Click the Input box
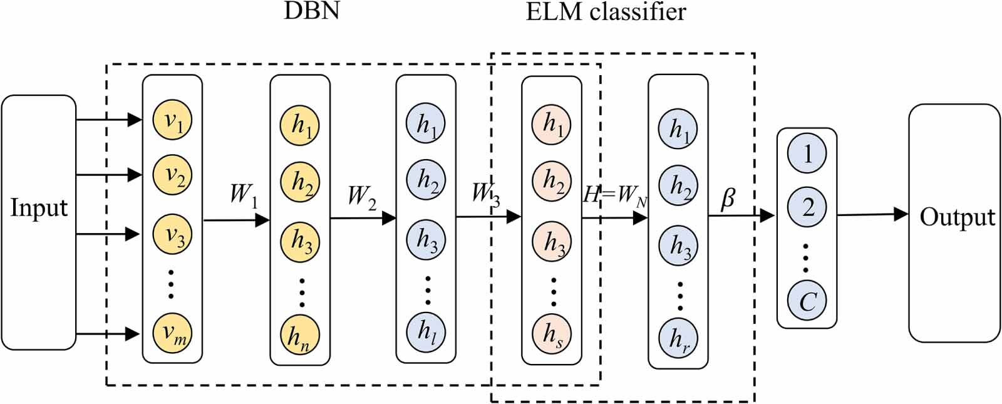pyautogui.click(x=38, y=222)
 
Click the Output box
pyautogui.click(x=954, y=223)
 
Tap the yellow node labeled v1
pyautogui.click(x=172, y=120)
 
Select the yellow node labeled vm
pyautogui.click(x=172, y=332)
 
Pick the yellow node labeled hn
pyautogui.click(x=300, y=335)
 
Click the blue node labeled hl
pyautogui.click(x=426, y=330)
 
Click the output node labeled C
pyautogui.click(x=807, y=301)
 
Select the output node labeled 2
pyautogui.click(x=807, y=207)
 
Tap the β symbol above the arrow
pyautogui.click(x=728, y=199)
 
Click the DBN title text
pyautogui.click(x=311, y=11)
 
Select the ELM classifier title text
pyautogui.click(x=605, y=11)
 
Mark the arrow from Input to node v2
pyautogui.click(x=108, y=174)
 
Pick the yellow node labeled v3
pyautogui.click(x=172, y=234)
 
